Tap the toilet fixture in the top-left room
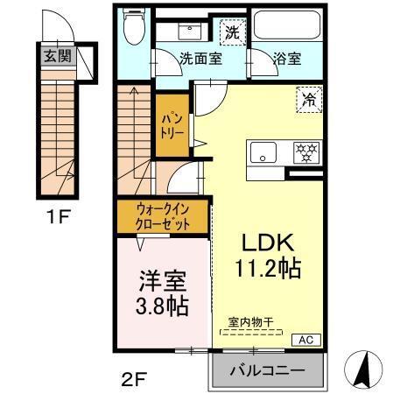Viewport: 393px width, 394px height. click(135, 31)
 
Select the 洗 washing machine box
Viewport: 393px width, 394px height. click(231, 32)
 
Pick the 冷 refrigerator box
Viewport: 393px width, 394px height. click(308, 98)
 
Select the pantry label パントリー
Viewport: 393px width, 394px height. click(168, 126)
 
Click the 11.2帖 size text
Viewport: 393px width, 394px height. click(268, 269)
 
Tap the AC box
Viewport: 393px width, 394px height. click(308, 340)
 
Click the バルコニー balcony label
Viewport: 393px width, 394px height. click(267, 371)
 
